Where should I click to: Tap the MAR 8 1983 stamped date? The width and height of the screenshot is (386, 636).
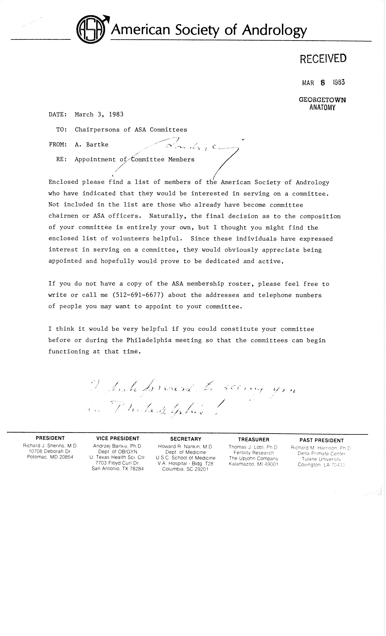click(323, 83)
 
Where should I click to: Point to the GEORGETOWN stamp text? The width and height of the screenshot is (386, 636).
click(322, 100)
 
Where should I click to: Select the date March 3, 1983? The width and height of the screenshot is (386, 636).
click(99, 114)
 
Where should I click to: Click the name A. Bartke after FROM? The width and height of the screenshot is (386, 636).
click(92, 145)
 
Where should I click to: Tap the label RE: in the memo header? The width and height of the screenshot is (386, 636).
click(61, 160)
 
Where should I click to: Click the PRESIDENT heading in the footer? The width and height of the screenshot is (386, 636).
click(50, 438)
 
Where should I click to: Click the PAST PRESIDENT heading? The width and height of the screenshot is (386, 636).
click(322, 440)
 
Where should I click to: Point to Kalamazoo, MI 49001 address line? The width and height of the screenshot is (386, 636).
click(253, 464)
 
